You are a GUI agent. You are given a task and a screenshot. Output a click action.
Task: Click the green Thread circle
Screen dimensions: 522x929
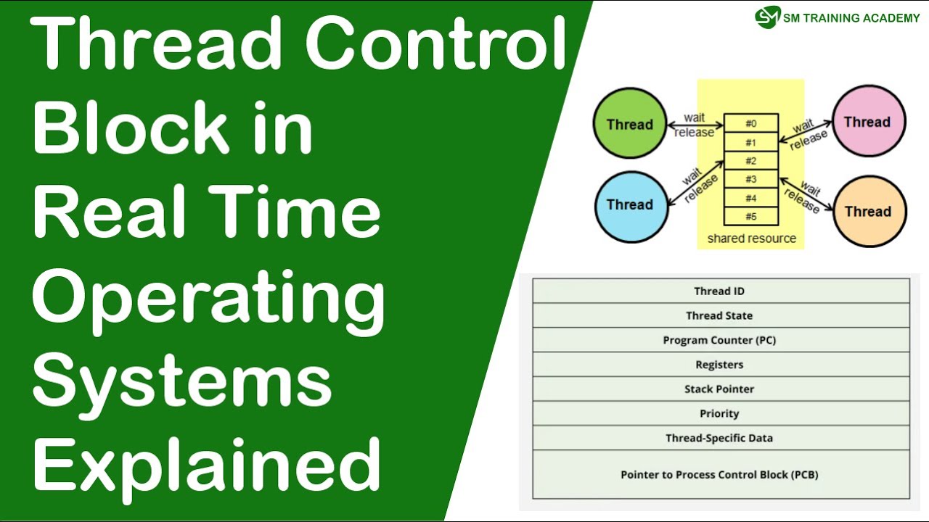(629, 124)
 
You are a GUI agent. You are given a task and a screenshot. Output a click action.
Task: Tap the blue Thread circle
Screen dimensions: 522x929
(629, 204)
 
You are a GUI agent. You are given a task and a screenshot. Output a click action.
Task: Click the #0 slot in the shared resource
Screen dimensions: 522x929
(751, 124)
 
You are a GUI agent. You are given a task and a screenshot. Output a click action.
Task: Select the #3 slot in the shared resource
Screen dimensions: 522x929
(751, 179)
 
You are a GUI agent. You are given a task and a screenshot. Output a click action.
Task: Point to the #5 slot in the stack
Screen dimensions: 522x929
(751, 216)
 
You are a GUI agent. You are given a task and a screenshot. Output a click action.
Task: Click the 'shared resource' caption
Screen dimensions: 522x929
(751, 239)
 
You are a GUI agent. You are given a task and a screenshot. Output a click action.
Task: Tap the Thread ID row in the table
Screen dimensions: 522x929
(720, 291)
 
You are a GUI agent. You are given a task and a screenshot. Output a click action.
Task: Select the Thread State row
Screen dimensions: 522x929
(720, 315)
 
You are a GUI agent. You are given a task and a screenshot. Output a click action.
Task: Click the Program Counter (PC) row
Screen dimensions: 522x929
(720, 340)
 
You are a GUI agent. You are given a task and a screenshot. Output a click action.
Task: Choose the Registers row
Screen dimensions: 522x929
(720, 365)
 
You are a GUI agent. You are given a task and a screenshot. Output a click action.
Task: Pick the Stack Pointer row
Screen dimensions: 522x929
(720, 389)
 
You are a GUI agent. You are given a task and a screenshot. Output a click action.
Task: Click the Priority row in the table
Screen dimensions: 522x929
(720, 413)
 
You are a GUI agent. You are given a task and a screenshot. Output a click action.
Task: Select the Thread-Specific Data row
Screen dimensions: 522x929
(720, 438)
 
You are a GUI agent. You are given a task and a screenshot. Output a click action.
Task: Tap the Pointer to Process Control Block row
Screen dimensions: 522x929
(720, 475)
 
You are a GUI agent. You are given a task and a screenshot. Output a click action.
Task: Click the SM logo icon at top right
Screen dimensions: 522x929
(767, 17)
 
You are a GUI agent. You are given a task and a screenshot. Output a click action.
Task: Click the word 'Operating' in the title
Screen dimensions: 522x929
(208, 299)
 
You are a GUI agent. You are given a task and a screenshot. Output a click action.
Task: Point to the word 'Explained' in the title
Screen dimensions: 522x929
(207, 464)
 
